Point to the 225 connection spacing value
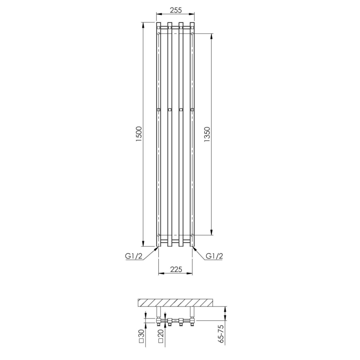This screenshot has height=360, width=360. tap(176, 269)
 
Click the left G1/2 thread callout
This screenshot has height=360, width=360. tap(134, 256)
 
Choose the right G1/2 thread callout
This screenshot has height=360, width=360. tap(214, 256)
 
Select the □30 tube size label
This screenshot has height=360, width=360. tap(141, 336)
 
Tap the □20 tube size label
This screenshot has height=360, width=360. tap(161, 336)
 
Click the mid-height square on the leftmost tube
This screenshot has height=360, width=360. tap(158, 109)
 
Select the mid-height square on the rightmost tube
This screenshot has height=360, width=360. tap(192, 109)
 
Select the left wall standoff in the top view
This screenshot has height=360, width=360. tap(158, 312)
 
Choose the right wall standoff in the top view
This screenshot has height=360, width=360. tap(192, 312)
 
